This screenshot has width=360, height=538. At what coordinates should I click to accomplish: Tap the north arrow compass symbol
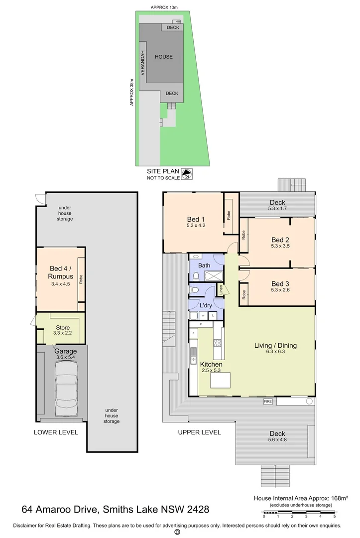click(x=187, y=174)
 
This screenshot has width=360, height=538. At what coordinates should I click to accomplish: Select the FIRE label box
click(x=268, y=402)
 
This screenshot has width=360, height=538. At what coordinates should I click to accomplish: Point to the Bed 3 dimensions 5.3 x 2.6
click(x=280, y=290)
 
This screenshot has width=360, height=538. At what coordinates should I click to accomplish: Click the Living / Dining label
click(x=275, y=346)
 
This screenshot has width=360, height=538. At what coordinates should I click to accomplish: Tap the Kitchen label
click(x=211, y=364)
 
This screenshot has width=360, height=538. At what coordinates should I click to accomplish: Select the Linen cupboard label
click(x=221, y=290)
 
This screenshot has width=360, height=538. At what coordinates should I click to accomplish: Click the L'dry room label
click(x=206, y=305)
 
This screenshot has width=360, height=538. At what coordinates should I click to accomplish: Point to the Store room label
click(x=63, y=328)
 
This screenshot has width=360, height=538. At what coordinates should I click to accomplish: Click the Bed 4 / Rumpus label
click(x=60, y=272)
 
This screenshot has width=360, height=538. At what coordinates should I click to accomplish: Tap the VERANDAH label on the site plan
click(x=142, y=63)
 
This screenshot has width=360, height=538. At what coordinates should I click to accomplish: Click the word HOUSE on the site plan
click(x=163, y=57)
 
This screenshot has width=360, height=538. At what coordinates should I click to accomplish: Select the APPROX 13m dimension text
click(x=164, y=7)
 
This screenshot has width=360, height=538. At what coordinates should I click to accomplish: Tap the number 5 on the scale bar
click(x=334, y=516)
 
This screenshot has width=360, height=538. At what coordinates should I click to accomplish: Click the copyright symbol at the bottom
click(x=177, y=532)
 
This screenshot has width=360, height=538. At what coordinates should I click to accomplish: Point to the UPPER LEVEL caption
click(x=199, y=432)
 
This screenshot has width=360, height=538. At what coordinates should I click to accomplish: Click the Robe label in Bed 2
click(x=243, y=235)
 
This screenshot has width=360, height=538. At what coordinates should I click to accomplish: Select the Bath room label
click(x=204, y=265)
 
